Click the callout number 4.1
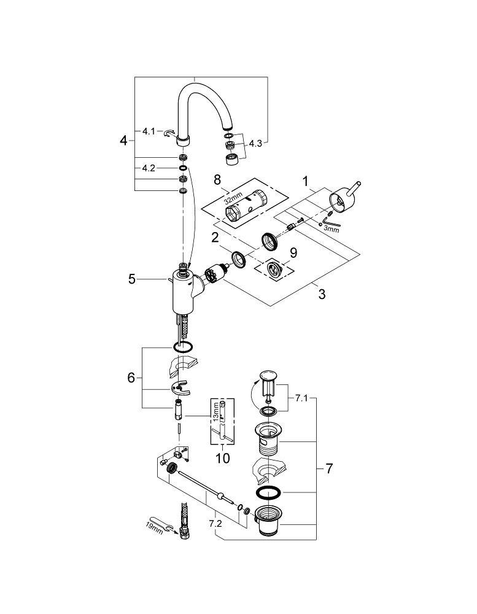149,131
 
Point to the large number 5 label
131,279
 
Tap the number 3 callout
321,293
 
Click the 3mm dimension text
331,229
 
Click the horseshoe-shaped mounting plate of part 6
180,387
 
